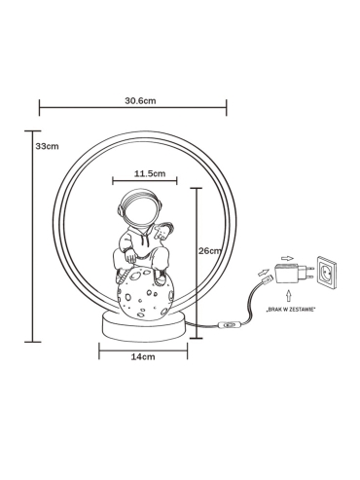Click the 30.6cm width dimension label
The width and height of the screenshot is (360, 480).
140,100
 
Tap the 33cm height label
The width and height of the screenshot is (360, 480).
47,146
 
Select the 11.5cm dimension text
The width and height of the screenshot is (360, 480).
150,173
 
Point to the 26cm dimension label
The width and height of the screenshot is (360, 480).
210,251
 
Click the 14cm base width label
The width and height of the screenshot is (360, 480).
143,356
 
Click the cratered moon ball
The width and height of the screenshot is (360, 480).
146,294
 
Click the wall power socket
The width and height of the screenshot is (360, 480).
327,272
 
